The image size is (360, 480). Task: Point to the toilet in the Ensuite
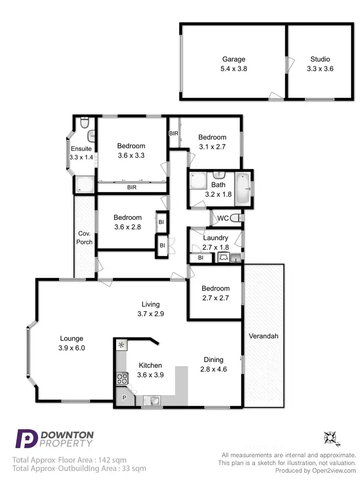click(x=84, y=124)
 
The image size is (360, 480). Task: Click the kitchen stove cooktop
click(x=121, y=379)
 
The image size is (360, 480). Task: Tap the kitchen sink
click(x=154, y=399)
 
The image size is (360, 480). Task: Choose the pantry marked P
click(x=124, y=398)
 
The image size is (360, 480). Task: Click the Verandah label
click(x=264, y=336)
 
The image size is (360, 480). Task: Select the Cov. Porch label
click(x=84, y=238)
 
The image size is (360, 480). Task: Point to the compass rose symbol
click(x=331, y=438)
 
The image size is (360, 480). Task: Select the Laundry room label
click(x=216, y=238)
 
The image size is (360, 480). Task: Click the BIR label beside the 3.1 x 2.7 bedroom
click(x=173, y=133)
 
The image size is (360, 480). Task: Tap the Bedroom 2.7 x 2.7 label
click(x=216, y=293)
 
